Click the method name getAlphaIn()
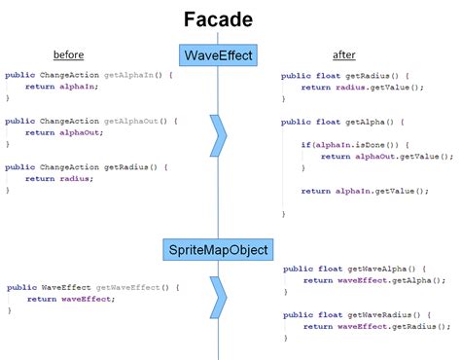(x=112, y=75)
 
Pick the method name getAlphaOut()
(x=114, y=121)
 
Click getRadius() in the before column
(x=109, y=166)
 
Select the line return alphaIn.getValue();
(x=365, y=191)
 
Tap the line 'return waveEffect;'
(x=70, y=299)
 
